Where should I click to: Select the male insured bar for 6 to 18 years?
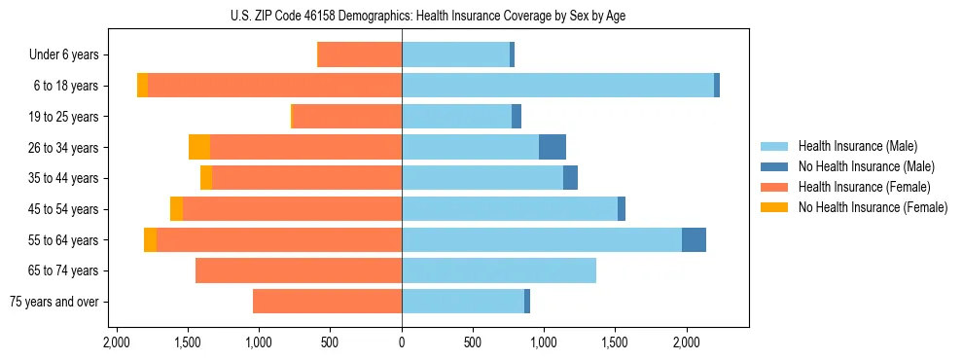(557, 86)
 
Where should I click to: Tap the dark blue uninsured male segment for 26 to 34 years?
(553, 147)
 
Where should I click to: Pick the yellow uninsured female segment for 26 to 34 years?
(199, 147)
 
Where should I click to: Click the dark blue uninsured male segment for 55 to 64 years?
(694, 239)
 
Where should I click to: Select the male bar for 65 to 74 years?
(499, 270)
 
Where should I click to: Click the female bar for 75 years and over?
(327, 302)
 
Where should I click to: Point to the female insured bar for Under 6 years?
(360, 55)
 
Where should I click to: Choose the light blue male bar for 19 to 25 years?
(456, 117)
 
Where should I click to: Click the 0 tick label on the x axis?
(402, 342)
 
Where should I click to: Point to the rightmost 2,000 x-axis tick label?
(687, 342)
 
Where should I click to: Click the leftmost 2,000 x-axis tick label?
(117, 342)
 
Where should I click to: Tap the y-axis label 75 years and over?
(53, 302)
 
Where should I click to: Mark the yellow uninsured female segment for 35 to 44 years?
(206, 178)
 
